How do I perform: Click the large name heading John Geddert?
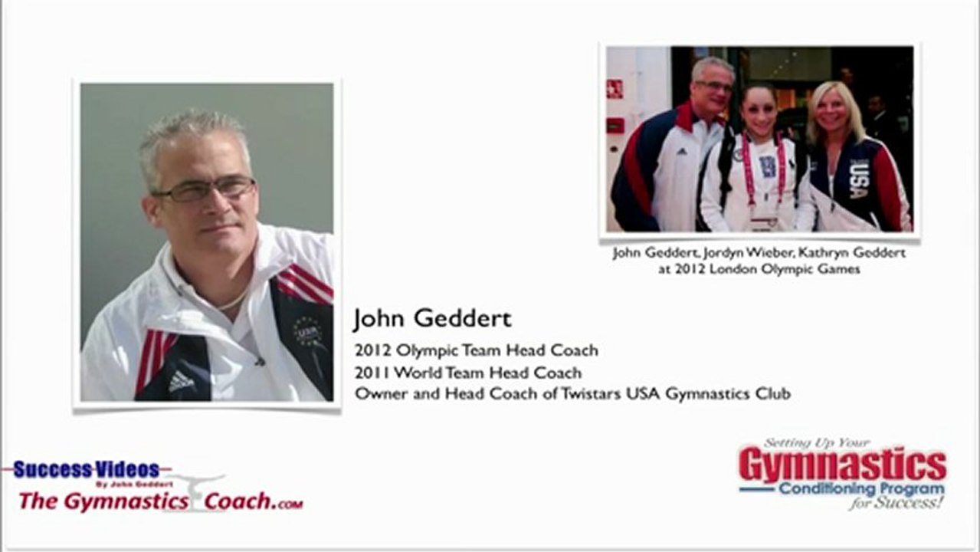[x=432, y=319]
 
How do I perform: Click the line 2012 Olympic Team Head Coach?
[x=477, y=350]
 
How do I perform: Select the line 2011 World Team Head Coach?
[x=468, y=373]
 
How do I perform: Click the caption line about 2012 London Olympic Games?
[x=759, y=269]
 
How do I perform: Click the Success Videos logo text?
[x=86, y=470]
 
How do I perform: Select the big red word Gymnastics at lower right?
[x=843, y=466]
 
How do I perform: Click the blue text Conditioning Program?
[x=861, y=488]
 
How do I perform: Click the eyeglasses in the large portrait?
[x=205, y=189]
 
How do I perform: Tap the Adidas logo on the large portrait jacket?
[x=181, y=381]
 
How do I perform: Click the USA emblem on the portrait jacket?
[x=307, y=332]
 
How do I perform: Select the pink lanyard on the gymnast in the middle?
[x=763, y=169]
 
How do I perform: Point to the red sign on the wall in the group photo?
[x=615, y=89]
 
